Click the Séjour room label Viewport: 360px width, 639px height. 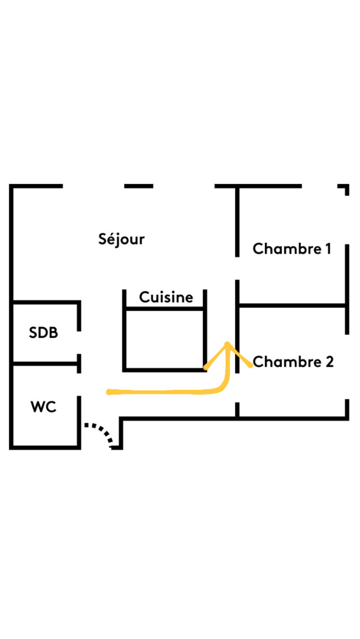121,239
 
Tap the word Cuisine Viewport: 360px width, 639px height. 166,297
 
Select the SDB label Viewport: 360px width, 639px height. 43,332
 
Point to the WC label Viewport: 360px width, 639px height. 43,407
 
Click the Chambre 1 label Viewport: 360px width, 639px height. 291,249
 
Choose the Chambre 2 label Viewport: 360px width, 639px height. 293,362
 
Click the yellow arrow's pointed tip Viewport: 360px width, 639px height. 227,344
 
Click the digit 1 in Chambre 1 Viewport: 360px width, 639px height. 327,248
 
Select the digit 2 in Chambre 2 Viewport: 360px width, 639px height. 329,362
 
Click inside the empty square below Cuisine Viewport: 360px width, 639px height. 164,339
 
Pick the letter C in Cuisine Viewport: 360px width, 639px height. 144,297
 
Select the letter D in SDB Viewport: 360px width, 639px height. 43,332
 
